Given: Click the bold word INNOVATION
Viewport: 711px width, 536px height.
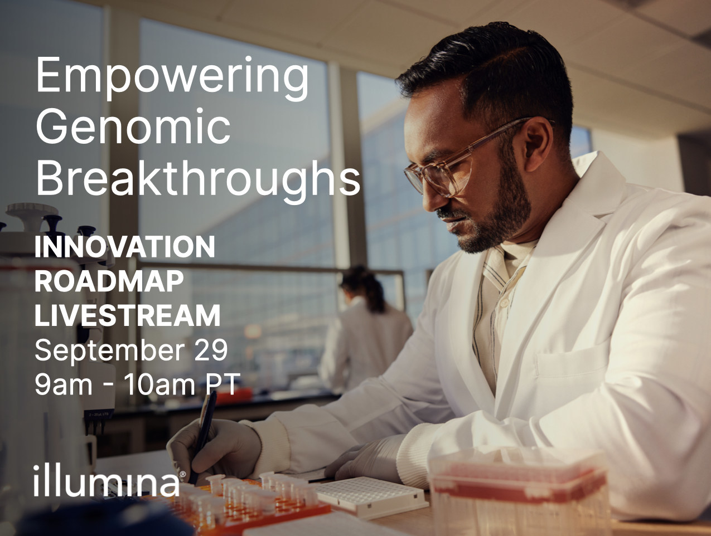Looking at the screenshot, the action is [x=125, y=247].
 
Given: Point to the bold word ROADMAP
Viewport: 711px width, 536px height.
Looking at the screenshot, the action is [x=109, y=281].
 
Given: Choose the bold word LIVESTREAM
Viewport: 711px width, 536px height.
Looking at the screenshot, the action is [x=127, y=315].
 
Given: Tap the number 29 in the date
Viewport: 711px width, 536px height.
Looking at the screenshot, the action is [x=211, y=349].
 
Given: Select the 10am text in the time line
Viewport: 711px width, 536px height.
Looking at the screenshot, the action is [x=159, y=384].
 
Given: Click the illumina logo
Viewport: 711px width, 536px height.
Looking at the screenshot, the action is [x=109, y=480].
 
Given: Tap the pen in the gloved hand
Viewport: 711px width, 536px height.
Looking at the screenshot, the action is [x=204, y=433].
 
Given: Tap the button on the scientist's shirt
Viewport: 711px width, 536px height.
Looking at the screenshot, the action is [x=504, y=303].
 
